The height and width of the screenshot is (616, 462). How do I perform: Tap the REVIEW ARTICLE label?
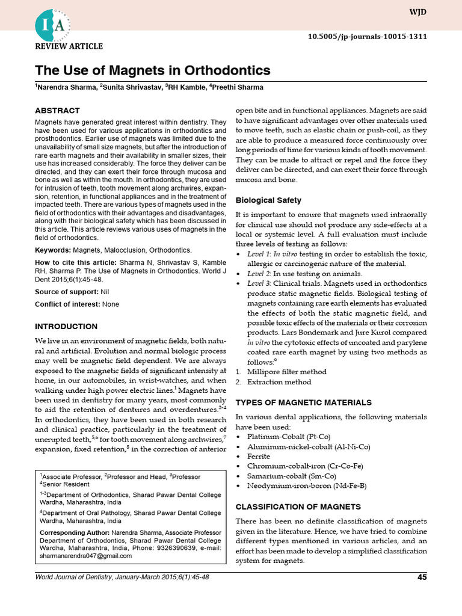click(69, 47)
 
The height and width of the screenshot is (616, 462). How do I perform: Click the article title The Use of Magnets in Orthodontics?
click(153, 71)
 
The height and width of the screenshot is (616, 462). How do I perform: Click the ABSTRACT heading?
click(57, 111)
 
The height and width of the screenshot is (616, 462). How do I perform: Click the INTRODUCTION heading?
click(66, 327)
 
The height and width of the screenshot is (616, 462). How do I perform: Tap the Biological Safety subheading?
click(268, 200)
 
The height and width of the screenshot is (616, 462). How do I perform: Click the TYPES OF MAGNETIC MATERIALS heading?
click(303, 402)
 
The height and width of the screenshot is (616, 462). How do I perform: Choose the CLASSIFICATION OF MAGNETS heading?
click(298, 507)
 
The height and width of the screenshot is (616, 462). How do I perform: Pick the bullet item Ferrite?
click(259, 456)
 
